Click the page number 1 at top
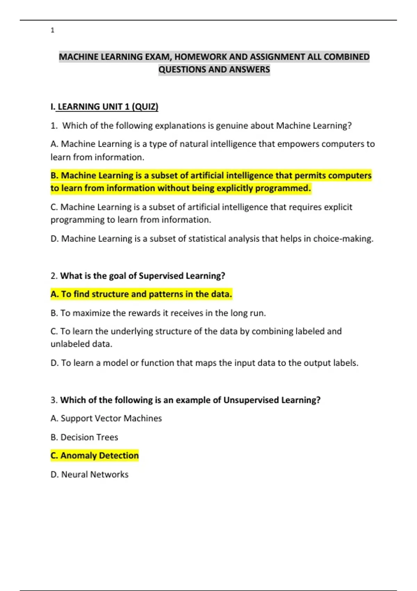[52, 30]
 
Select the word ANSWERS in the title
[249, 70]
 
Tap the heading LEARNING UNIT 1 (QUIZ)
[108, 107]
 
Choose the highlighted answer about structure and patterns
[141, 294]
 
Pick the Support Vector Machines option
[106, 418]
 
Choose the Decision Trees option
[84, 437]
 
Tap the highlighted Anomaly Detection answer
[95, 455]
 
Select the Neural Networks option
[90, 475]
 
